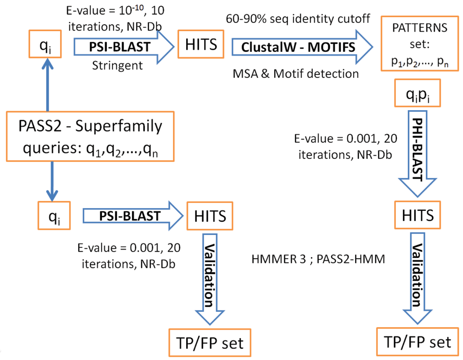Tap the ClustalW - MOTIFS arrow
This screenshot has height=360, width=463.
302,47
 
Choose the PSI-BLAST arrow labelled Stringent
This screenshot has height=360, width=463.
124,47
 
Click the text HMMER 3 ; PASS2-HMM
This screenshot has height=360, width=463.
319,259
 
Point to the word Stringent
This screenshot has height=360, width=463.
118,65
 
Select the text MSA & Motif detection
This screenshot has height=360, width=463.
295,74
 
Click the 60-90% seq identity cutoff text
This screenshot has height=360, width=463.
298,19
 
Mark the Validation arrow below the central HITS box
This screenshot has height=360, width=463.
210,279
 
